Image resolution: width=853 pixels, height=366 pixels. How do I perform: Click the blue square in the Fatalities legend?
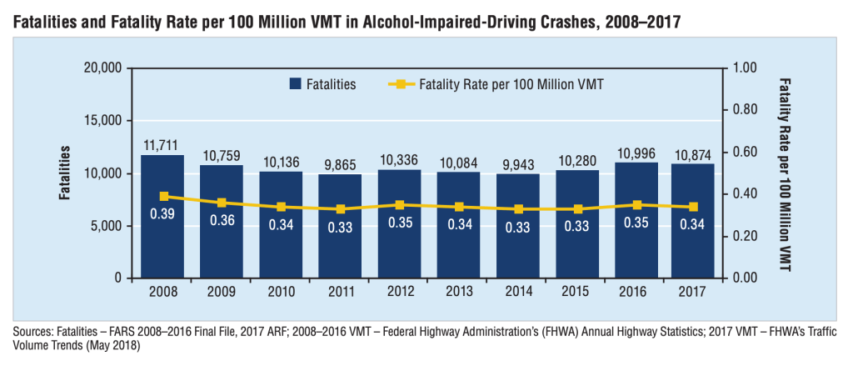[295, 84]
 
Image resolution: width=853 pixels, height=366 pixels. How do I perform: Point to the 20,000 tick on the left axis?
[99, 68]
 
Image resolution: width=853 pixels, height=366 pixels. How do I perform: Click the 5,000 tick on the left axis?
[103, 226]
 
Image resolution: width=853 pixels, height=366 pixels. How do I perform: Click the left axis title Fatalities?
[64, 173]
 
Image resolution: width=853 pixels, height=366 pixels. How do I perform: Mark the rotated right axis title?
[784, 173]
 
